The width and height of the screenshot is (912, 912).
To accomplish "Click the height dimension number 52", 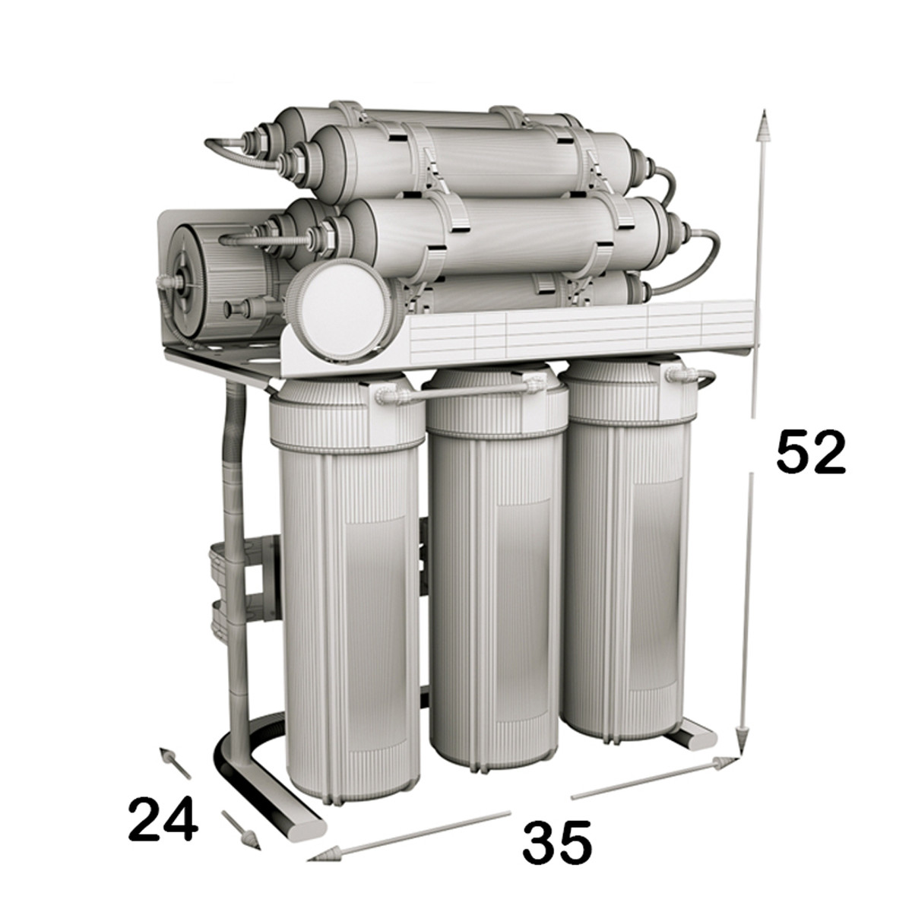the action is pos(809,453).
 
